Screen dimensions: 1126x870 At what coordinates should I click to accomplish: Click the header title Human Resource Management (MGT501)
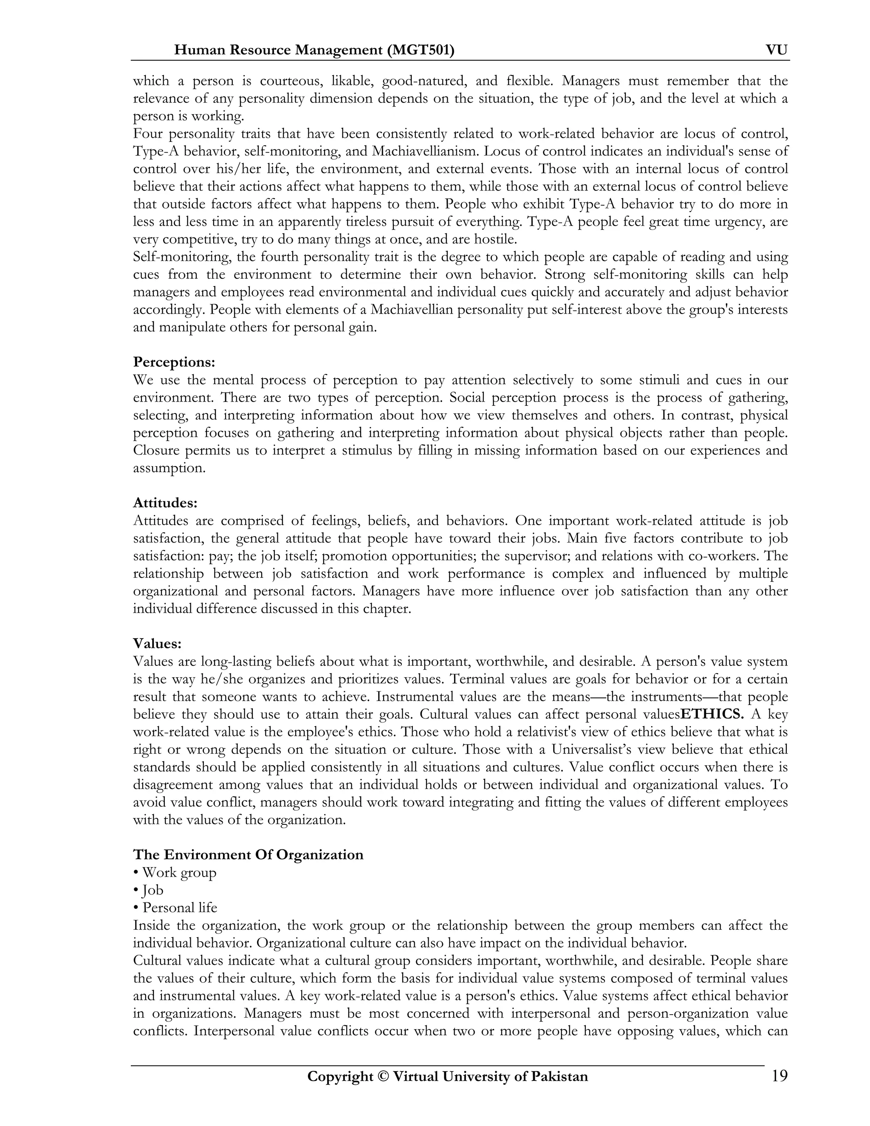click(x=314, y=50)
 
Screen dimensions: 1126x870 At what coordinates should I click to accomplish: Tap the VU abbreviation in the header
click(x=777, y=50)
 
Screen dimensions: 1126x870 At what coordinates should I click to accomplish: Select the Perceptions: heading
click(x=174, y=362)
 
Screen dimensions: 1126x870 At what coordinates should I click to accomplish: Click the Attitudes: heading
click(x=165, y=503)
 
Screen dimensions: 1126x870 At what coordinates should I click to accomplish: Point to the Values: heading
click(x=157, y=643)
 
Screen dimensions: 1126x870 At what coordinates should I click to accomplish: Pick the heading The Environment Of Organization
click(x=248, y=855)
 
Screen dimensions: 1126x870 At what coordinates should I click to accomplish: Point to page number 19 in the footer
click(x=779, y=1077)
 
